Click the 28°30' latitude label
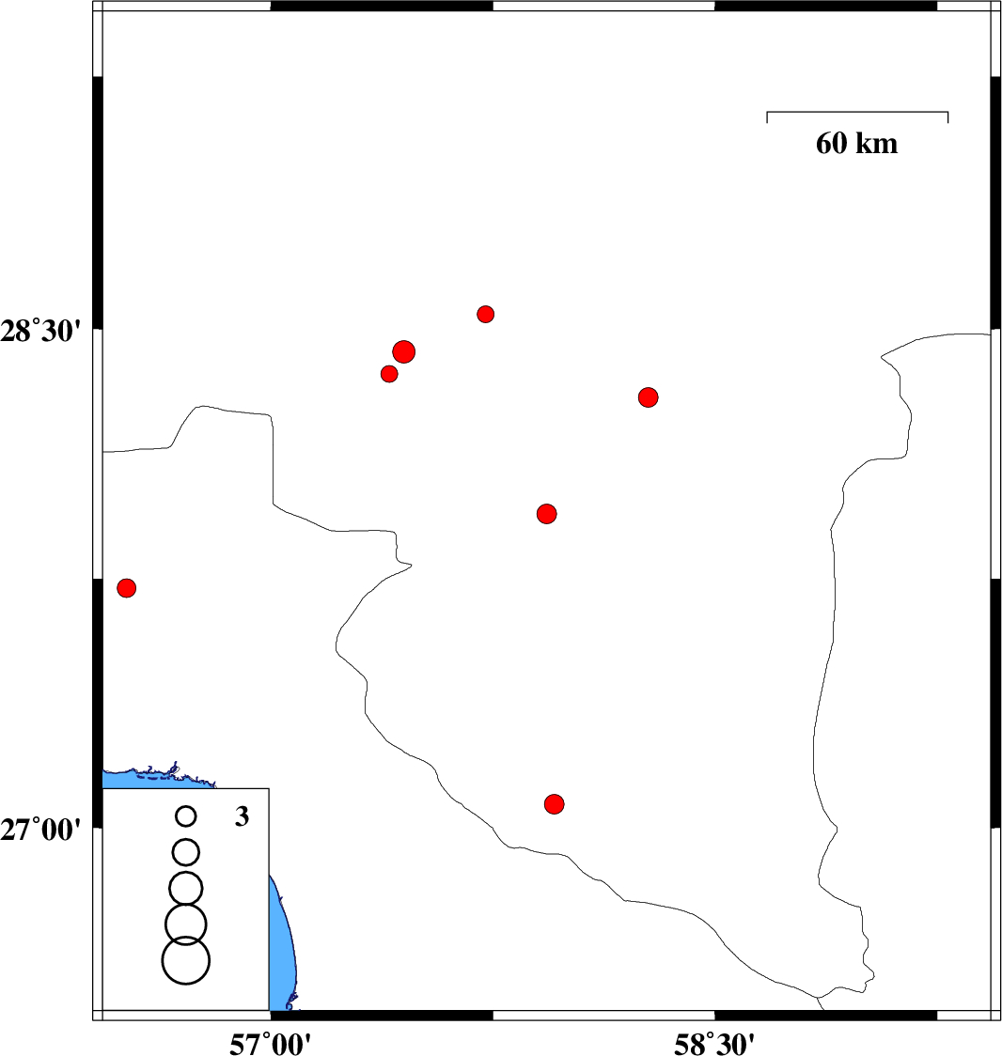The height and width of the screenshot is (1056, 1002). pos(40,332)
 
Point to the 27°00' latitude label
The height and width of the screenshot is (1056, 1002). pos(40,830)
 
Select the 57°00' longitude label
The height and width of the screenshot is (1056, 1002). pos(270,1044)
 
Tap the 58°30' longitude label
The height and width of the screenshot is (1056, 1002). pos(714,1044)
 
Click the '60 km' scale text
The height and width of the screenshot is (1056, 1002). pos(856,144)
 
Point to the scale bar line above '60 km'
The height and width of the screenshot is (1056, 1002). pos(857,112)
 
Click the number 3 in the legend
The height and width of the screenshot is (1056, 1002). pos(242,816)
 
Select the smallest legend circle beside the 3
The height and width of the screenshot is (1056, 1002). pos(186,816)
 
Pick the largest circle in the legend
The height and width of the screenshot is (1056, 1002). pos(186,960)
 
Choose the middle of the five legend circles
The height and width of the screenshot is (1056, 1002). pos(186,888)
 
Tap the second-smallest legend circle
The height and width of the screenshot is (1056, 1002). pos(186,852)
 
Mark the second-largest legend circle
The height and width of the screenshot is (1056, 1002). pos(186,924)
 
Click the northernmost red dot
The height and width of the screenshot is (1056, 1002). pos(486,314)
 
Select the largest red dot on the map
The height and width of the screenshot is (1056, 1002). pos(403,351)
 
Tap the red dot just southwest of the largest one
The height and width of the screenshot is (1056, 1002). pos(389,374)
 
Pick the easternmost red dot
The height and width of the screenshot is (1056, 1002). pos(649,397)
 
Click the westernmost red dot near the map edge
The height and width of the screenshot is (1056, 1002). pos(127,588)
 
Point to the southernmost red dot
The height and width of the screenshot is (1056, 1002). pos(554,803)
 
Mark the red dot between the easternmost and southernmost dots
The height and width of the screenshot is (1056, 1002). pos(546,514)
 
